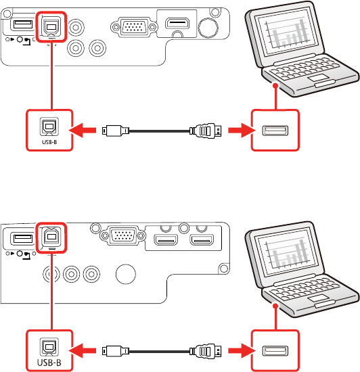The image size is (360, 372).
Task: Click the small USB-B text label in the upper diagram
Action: click(x=49, y=142)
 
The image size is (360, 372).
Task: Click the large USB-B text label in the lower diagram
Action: click(x=49, y=363)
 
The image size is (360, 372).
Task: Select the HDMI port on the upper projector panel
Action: click(x=177, y=23)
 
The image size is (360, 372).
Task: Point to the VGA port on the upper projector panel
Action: click(x=134, y=27)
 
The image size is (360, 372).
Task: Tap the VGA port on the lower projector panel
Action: click(x=122, y=235)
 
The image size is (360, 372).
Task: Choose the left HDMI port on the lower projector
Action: click(x=166, y=239)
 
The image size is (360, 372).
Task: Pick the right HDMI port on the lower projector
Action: click(x=202, y=239)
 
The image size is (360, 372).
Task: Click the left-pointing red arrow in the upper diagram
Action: click(x=83, y=131)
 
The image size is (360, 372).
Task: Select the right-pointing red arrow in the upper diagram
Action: click(x=242, y=131)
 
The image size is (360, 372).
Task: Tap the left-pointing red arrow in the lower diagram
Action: click(x=83, y=350)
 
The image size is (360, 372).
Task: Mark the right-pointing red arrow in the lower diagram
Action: click(x=242, y=350)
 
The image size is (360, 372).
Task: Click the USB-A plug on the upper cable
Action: click(x=206, y=131)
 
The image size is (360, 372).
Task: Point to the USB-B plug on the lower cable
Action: click(x=116, y=350)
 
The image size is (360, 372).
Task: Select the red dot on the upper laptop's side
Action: click(x=275, y=85)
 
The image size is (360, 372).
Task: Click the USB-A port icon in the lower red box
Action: click(x=275, y=351)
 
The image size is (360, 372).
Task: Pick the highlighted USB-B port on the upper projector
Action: click(x=51, y=26)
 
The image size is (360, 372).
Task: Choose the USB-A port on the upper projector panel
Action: click(x=23, y=24)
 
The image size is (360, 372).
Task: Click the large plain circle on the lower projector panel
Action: click(x=126, y=274)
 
